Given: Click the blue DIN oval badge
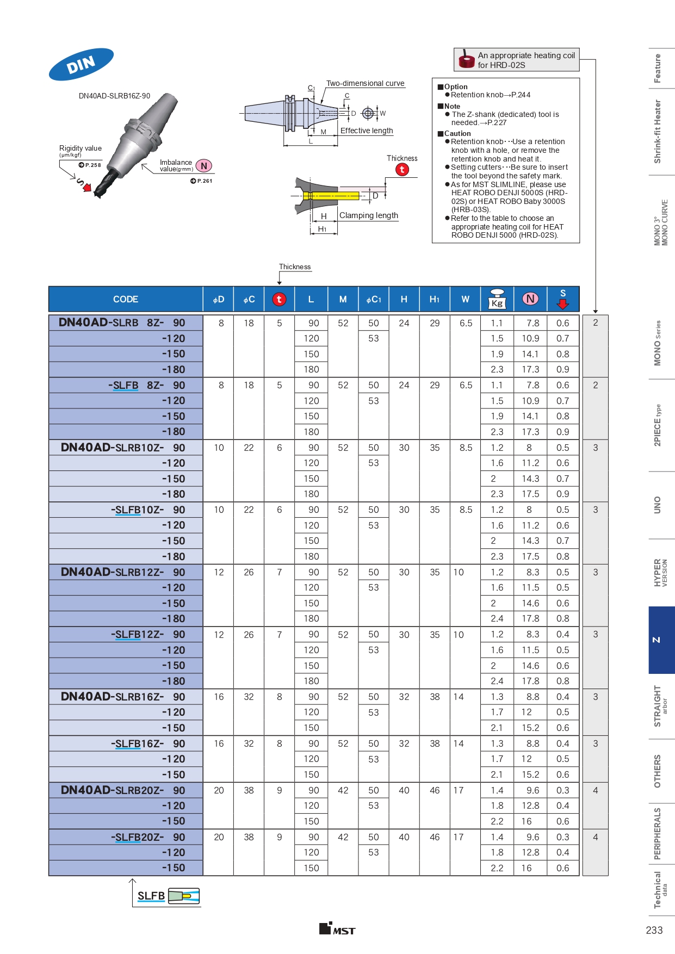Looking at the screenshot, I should point(81,64).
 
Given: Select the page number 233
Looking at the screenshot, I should point(654,930).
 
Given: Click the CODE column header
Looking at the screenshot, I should point(126,299).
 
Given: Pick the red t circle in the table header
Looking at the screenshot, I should point(279,299).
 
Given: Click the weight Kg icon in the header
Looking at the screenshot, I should point(497,299).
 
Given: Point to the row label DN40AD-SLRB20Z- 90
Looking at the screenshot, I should point(123,790).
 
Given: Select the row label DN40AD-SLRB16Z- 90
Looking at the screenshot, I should point(123,697).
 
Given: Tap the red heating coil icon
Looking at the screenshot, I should point(467,59).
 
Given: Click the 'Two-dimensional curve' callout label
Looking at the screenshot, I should point(365,83).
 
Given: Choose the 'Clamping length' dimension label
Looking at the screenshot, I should point(369,215).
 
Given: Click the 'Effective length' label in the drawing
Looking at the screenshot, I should point(367,131).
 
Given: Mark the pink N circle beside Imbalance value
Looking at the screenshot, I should point(204,166).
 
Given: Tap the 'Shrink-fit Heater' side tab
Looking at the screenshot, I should point(657,132).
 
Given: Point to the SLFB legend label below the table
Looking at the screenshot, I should point(151,896).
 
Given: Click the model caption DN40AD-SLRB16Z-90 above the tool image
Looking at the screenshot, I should point(114,96).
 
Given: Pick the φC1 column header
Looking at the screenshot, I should point(374,299).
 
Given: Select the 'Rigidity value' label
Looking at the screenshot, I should point(80,148).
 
